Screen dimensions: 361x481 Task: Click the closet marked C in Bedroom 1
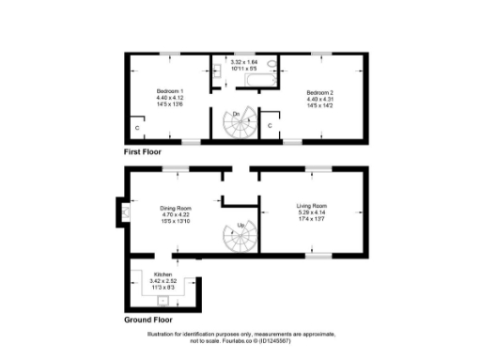click(137, 126)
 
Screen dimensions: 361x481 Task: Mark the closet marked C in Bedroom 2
click(271, 124)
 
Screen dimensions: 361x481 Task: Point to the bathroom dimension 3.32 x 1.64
click(243, 62)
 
